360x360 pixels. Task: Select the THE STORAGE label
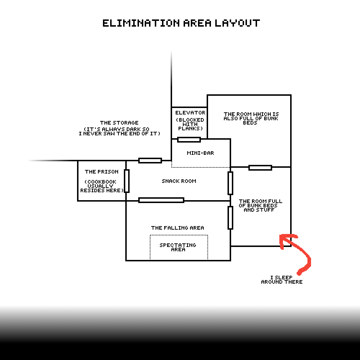119,123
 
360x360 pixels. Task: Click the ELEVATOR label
190,113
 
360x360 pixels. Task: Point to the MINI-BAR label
201,153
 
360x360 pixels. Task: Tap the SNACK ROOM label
179,181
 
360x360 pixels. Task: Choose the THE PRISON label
102,172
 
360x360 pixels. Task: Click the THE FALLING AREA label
177,228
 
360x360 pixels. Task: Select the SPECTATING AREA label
178,247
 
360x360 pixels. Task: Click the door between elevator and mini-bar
189,140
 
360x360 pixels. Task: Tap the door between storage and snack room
150,161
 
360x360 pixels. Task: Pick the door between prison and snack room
127,181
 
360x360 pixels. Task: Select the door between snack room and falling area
161,200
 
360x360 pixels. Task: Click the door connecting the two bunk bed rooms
260,168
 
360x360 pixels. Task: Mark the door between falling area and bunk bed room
230,218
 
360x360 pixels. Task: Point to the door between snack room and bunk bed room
230,183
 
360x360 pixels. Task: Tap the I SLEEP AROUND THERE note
282,280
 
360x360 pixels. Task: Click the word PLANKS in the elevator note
190,129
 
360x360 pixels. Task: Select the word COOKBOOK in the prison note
100,182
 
